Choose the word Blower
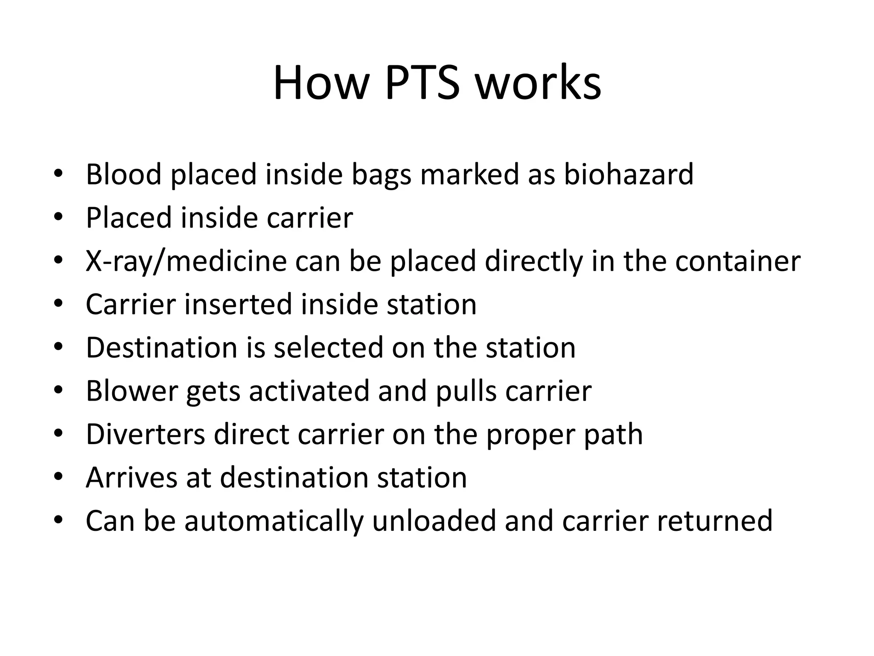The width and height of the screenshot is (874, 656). tap(131, 391)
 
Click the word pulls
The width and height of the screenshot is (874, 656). tap(466, 391)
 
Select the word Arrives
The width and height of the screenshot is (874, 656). tap(131, 477)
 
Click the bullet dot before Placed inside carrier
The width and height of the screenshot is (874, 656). tap(58, 217)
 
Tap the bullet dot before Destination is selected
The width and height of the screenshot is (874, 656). tap(58, 346)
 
